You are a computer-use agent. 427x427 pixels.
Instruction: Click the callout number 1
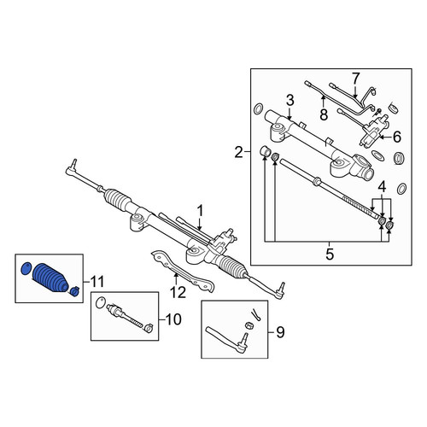201,212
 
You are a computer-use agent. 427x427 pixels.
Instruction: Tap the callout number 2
239,152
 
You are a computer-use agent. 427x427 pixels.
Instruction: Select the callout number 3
290,101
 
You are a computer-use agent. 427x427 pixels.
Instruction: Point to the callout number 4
382,187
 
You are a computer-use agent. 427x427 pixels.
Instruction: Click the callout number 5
330,254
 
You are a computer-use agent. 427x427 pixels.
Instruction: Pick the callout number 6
396,137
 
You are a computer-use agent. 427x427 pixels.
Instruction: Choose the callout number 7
356,79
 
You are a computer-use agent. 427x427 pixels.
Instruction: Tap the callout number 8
324,114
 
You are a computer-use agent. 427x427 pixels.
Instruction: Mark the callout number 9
280,332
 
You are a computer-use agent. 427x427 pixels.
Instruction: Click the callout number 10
173,319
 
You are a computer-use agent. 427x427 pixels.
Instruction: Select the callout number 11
97,282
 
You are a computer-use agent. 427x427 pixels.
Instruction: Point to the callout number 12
178,292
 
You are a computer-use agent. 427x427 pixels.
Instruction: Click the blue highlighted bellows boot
50,278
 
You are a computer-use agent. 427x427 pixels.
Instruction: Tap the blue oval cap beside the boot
26,268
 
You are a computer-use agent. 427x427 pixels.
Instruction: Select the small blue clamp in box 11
74,291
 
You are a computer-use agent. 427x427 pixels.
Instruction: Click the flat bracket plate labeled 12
182,271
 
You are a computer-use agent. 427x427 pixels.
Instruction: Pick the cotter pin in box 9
255,315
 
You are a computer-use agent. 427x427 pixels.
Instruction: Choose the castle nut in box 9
249,325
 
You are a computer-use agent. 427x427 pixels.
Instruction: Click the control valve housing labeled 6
373,131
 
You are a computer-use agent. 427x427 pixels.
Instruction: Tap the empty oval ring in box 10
101,302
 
